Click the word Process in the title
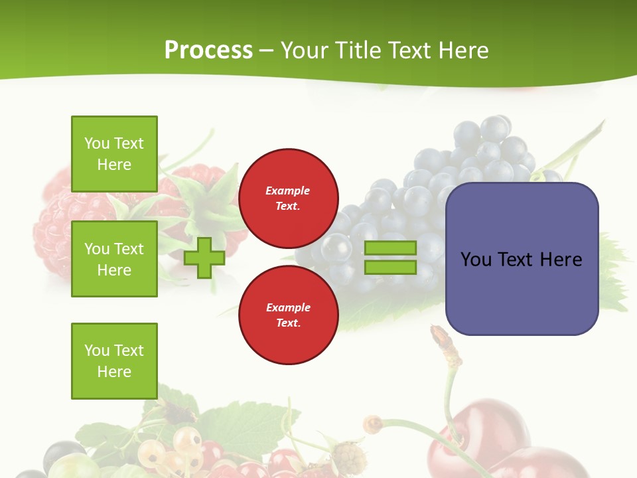[208, 50]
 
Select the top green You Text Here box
[114, 154]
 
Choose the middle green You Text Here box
[114, 259]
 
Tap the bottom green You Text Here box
[114, 361]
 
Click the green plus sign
[204, 258]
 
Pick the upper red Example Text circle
[288, 199]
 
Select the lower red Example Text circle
[288, 315]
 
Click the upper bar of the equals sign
[390, 248]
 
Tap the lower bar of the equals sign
[390, 268]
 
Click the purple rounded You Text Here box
[522, 259]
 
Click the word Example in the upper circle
[288, 191]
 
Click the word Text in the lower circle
[288, 323]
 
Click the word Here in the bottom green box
[114, 372]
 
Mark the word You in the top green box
[97, 143]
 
